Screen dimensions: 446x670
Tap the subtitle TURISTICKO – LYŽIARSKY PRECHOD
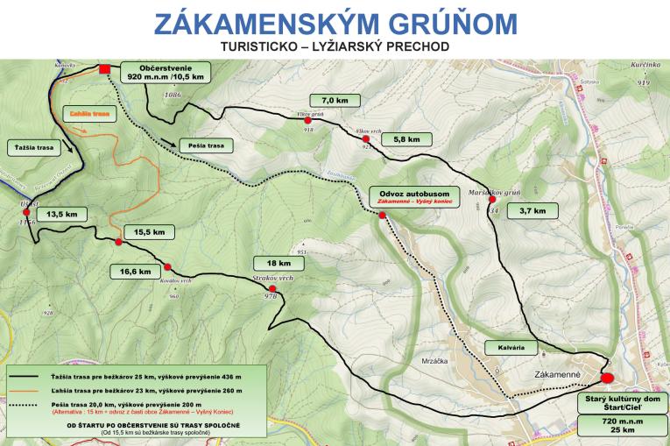point(335,46)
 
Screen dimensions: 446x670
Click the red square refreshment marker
point(105,69)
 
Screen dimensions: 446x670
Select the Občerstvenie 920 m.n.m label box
point(166,72)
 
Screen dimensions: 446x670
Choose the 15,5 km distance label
point(150,232)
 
